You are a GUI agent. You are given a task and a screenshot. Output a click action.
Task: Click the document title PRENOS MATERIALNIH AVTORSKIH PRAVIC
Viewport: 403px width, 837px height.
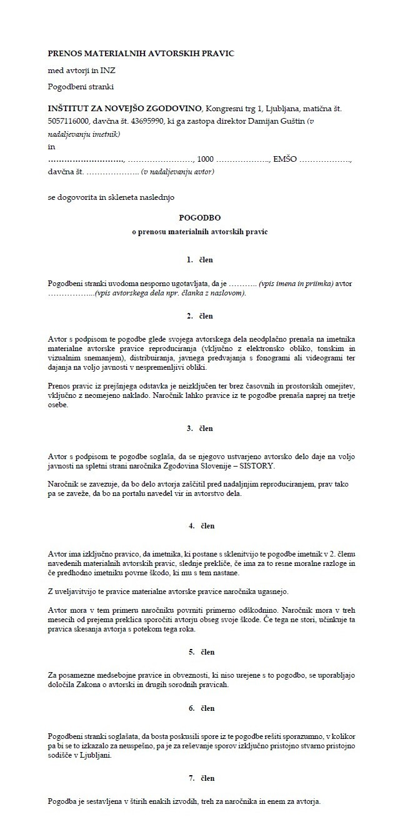[x=141, y=54]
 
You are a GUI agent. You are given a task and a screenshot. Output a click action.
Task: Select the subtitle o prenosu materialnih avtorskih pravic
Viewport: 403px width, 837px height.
[x=199, y=232]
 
